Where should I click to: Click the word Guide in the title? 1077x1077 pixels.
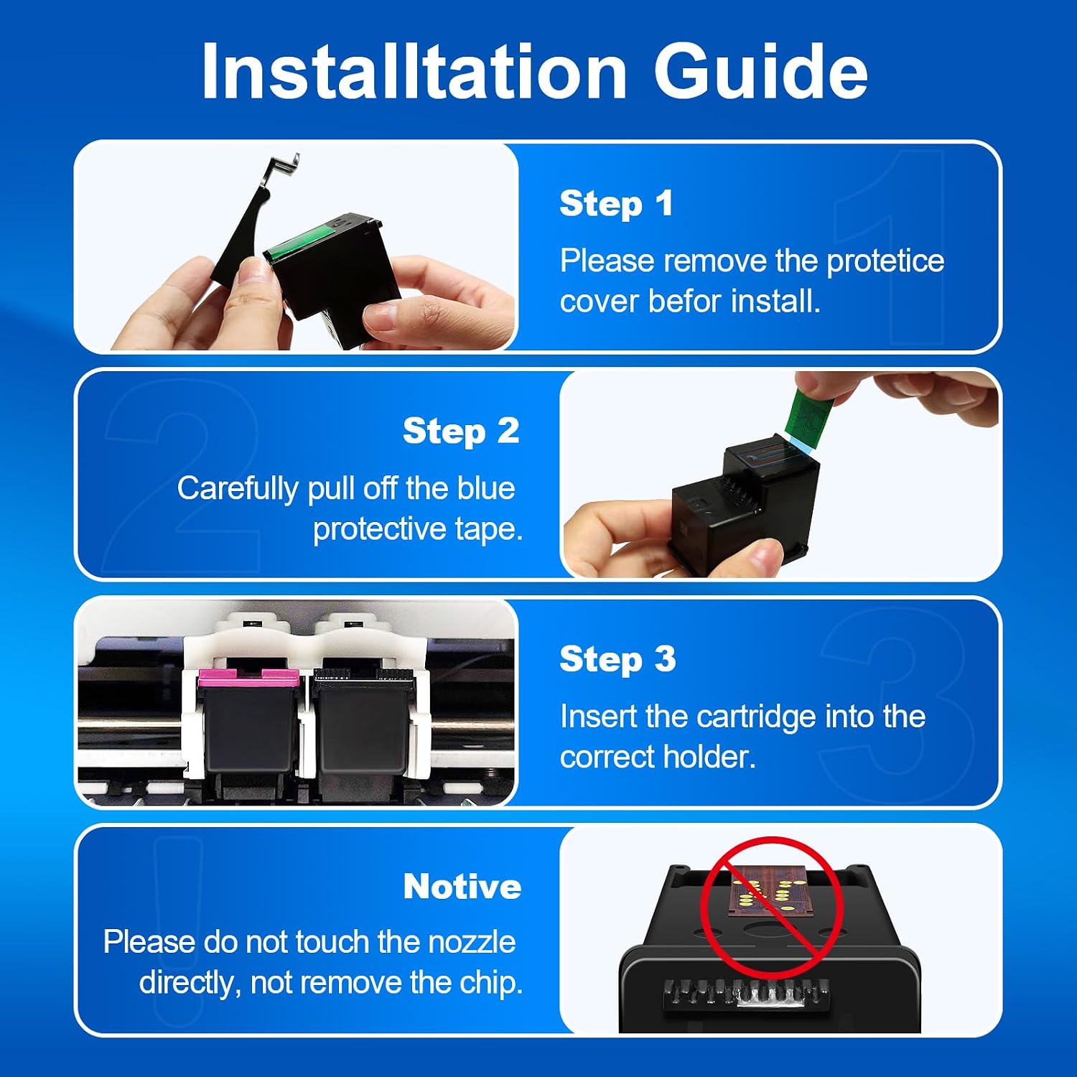[x=760, y=70]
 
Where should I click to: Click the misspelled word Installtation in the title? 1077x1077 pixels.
[x=414, y=70]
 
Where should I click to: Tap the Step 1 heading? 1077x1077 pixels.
[x=616, y=204]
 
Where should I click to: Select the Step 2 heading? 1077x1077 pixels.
[x=461, y=432]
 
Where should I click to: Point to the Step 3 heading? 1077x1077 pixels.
[x=617, y=659]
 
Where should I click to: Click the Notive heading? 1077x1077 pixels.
[x=462, y=887]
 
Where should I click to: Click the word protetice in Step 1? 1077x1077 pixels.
[x=885, y=262]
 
